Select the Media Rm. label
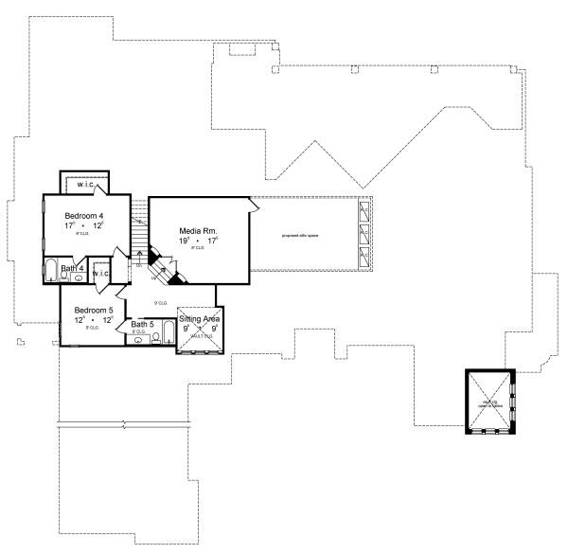tap(199, 230)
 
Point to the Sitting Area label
tap(200, 320)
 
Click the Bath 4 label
tap(73, 269)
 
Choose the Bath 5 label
tap(145, 325)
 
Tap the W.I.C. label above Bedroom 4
tap(86, 185)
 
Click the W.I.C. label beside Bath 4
tap(101, 274)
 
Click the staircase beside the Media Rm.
tap(139, 227)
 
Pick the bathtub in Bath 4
tap(51, 270)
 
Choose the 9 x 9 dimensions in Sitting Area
tap(200, 330)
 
